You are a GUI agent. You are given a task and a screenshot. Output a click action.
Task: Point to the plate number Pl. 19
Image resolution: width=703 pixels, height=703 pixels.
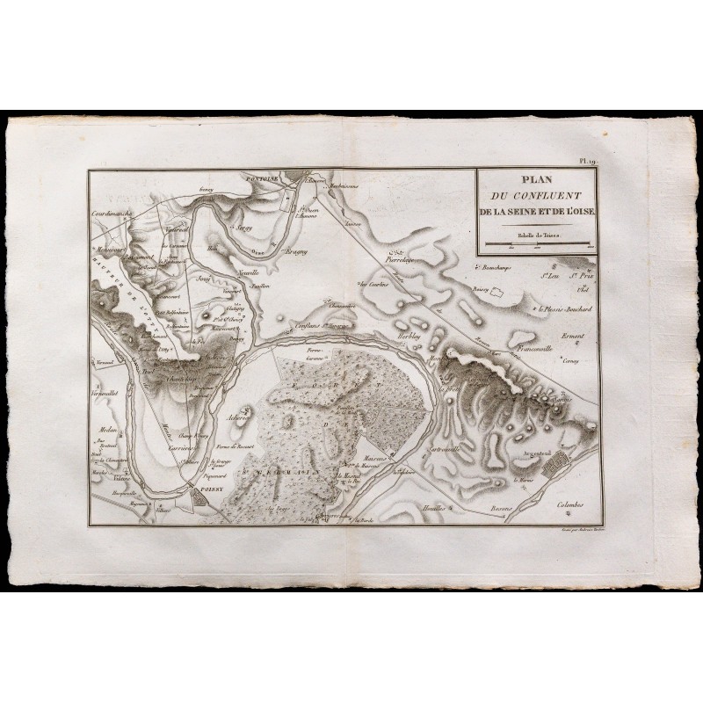coord(588,163)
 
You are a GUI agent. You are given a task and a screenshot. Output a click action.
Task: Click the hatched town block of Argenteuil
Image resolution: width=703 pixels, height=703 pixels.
coord(557,470)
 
